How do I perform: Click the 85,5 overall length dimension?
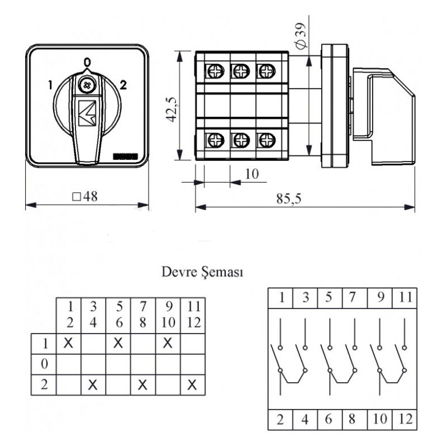click(288, 199)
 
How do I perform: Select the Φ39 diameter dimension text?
click(301, 35)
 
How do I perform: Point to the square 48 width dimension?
click(85, 197)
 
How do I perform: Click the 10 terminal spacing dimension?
click(252, 174)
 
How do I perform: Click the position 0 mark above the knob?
click(87, 62)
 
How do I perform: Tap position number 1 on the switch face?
click(50, 85)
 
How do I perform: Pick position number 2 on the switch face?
click(123, 85)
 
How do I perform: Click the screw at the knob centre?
click(87, 85)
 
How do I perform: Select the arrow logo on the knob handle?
click(87, 113)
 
